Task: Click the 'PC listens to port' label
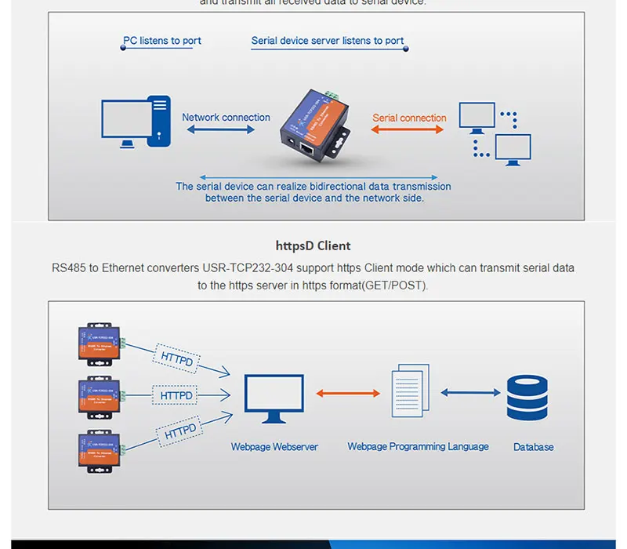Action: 161,41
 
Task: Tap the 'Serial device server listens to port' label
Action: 328,41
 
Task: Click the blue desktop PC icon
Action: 136,122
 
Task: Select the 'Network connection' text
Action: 226,118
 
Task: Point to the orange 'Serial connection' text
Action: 409,118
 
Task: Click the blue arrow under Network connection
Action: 221,130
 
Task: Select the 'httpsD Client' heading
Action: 313,245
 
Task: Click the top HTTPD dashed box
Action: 177,358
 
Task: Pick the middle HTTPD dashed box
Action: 176,395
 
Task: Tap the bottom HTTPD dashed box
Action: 180,431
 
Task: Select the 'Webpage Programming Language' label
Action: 418,447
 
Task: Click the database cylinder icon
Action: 527,398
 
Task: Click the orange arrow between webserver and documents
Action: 349,393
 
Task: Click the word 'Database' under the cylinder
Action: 533,447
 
